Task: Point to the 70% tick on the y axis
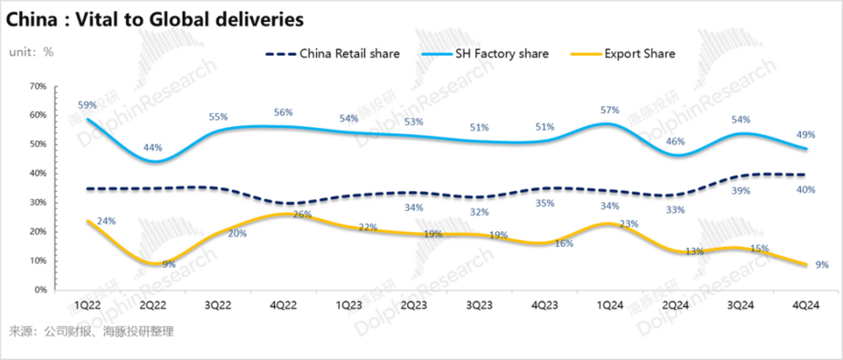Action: (36, 86)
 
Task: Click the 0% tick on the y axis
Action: (39, 290)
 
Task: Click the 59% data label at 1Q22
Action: (88, 106)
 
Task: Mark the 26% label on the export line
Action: (302, 215)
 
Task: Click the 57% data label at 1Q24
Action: (610, 110)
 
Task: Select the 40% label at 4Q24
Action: (806, 191)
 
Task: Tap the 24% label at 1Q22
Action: (105, 222)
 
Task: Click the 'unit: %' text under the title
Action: (31, 51)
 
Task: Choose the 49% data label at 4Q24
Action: (808, 134)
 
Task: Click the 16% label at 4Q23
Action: (565, 244)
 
